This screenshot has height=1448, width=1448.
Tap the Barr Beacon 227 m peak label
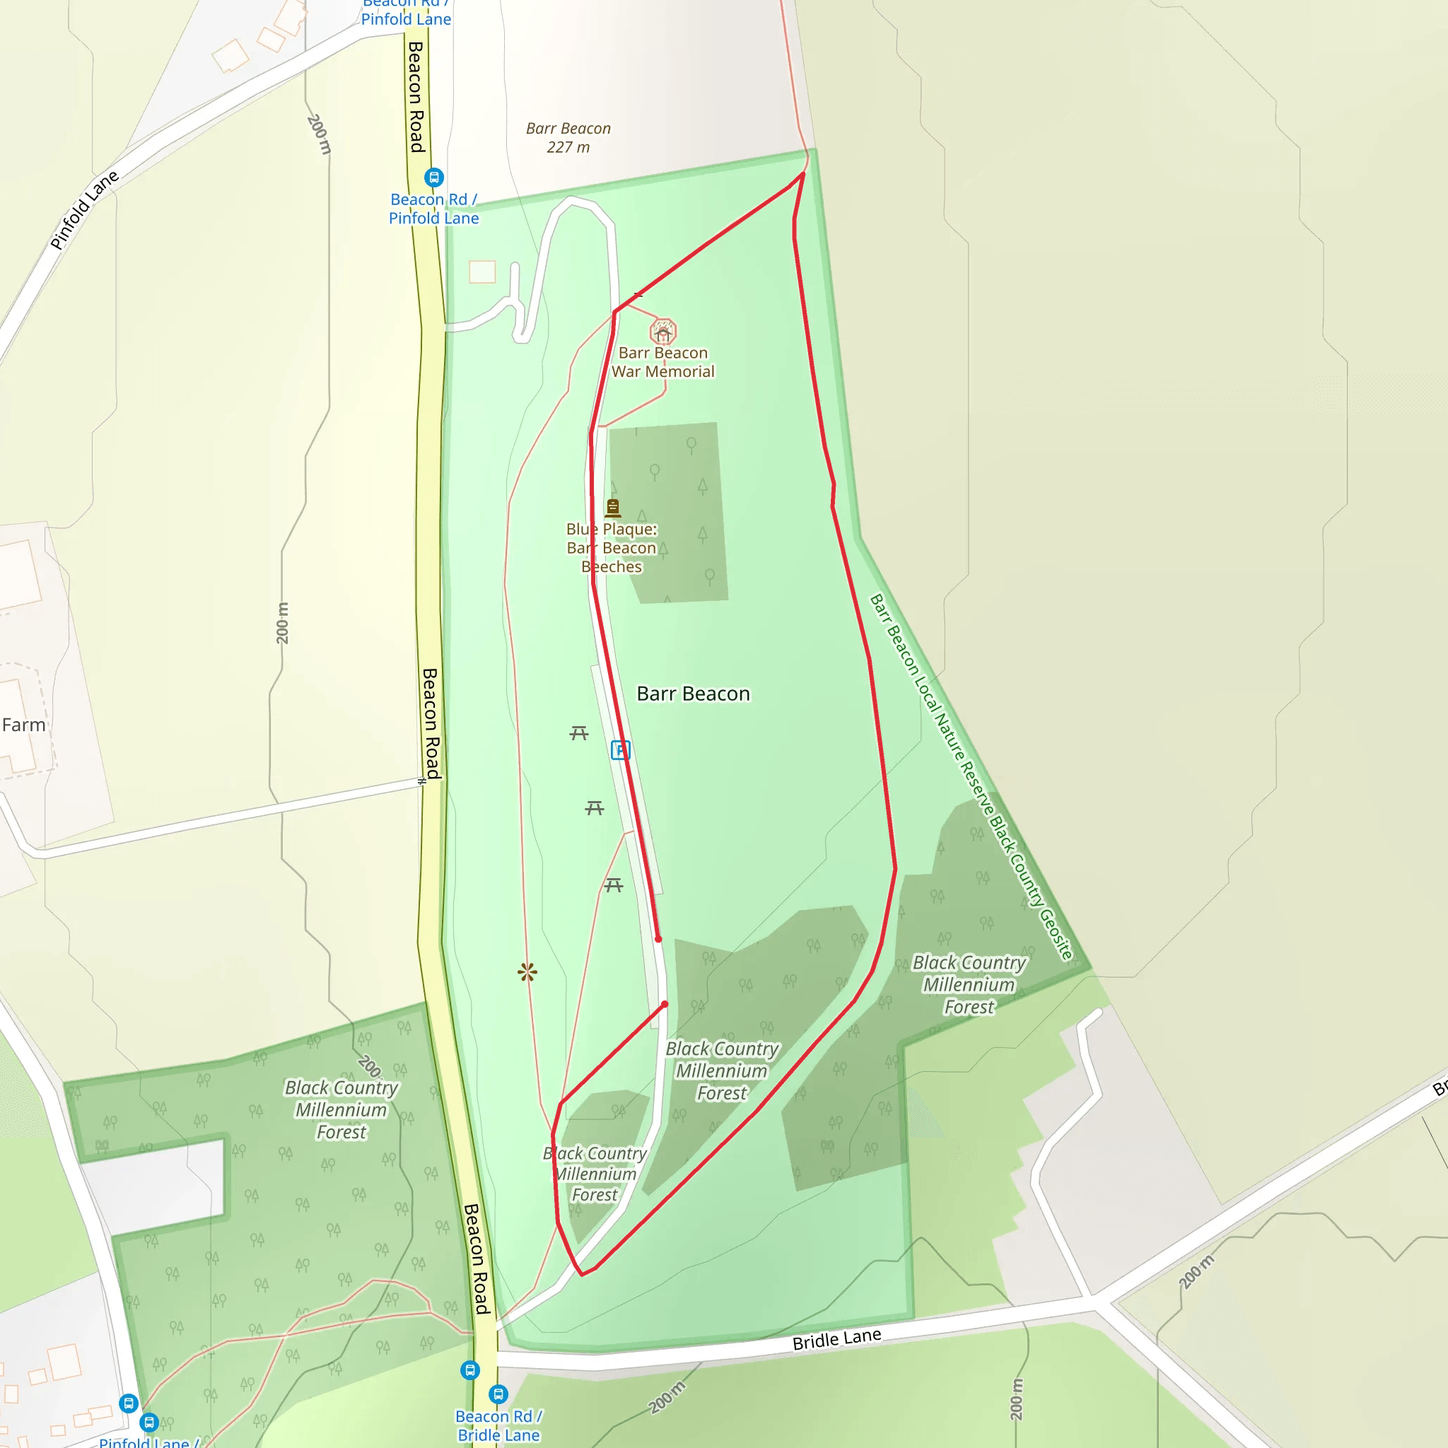point(568,138)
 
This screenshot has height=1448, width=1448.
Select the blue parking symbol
point(620,749)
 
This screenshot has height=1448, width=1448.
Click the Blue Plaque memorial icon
point(613,508)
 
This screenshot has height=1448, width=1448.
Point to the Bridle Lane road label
point(836,1338)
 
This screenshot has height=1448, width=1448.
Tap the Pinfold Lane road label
point(84,210)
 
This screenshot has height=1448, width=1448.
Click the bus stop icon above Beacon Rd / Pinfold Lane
point(434,177)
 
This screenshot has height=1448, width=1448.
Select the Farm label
point(23,725)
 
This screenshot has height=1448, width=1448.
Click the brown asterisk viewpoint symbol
point(527,972)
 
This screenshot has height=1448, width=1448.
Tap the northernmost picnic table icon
point(578,733)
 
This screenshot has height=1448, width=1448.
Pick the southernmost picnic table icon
point(613,885)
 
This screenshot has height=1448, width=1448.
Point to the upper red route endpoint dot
point(658,938)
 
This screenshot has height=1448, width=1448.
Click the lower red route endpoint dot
point(665,1004)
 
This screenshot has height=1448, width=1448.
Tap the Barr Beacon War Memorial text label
point(662,362)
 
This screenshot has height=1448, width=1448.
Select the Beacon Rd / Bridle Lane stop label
point(498,1425)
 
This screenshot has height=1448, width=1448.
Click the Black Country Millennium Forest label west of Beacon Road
point(341,1109)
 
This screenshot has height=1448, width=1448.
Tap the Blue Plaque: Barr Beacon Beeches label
point(612,548)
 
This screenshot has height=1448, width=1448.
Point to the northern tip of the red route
point(803,174)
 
